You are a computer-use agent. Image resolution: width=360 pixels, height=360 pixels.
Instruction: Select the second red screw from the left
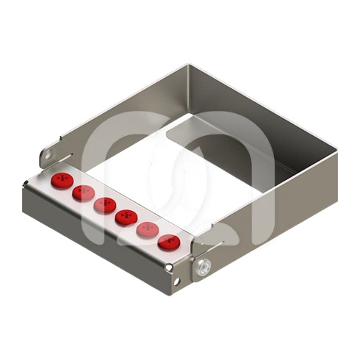tap(83, 192)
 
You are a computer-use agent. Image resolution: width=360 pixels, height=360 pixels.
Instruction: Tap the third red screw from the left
tap(104, 205)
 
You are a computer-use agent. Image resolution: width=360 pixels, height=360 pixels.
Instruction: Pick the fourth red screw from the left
tap(126, 217)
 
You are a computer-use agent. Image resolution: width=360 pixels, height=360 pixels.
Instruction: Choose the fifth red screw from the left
tap(148, 229)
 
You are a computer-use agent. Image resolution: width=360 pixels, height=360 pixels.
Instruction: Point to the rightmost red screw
tap(169, 242)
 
